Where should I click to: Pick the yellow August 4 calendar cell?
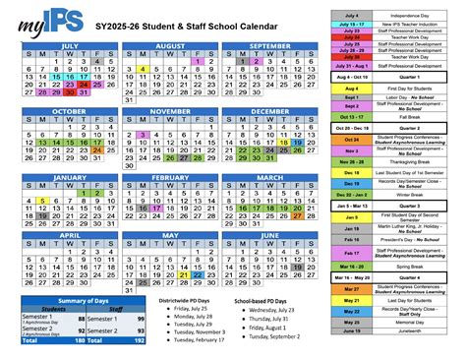click(143, 70)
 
